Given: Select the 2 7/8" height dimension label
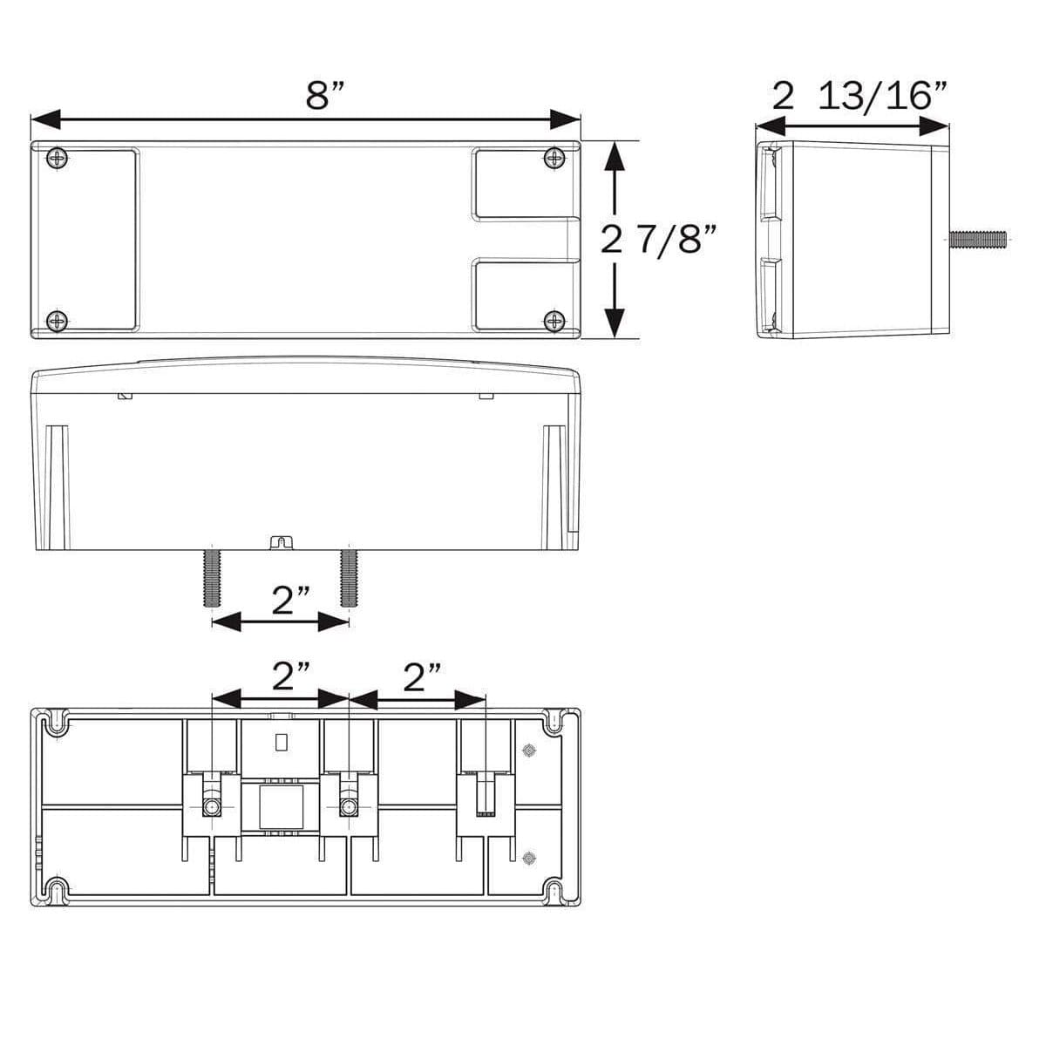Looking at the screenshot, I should click(x=663, y=238).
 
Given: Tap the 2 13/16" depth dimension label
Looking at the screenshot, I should click(x=860, y=96).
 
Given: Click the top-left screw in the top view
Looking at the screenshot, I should click(x=58, y=158).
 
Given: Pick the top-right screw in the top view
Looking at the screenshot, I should click(x=554, y=158).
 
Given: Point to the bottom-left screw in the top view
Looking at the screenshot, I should click(x=58, y=320).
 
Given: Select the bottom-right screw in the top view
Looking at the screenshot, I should click(x=554, y=320).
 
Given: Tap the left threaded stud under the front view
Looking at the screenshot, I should click(x=212, y=576).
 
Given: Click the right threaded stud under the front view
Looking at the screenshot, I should click(x=349, y=576).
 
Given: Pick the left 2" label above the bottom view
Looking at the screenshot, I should click(x=290, y=676).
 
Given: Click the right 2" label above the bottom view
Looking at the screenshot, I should click(x=422, y=676).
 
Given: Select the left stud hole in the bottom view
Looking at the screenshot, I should click(x=212, y=806).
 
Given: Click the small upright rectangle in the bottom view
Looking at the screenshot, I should click(x=281, y=743).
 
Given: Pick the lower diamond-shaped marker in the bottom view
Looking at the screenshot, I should click(x=527, y=858).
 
